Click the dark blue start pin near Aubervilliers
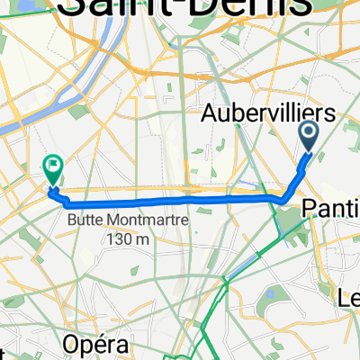click(308, 137)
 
